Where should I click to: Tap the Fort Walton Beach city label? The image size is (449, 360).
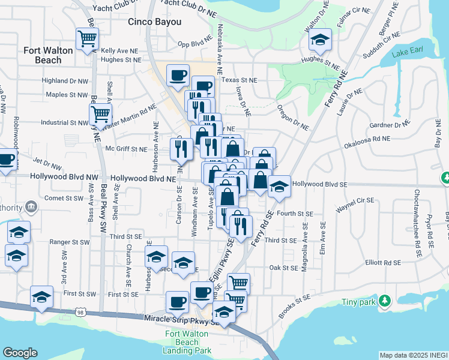click(x=48, y=55)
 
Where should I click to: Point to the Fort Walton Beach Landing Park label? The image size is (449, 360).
click(x=187, y=341)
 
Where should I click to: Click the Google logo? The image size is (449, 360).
click(x=19, y=353)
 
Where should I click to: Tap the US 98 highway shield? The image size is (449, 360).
click(x=89, y=312)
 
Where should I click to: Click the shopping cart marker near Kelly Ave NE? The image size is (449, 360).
click(x=88, y=40)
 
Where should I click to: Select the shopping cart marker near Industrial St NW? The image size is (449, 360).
click(x=100, y=113)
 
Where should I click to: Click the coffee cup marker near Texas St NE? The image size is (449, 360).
click(x=178, y=76)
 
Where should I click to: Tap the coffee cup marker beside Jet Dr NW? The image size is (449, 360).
click(x=6, y=160)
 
